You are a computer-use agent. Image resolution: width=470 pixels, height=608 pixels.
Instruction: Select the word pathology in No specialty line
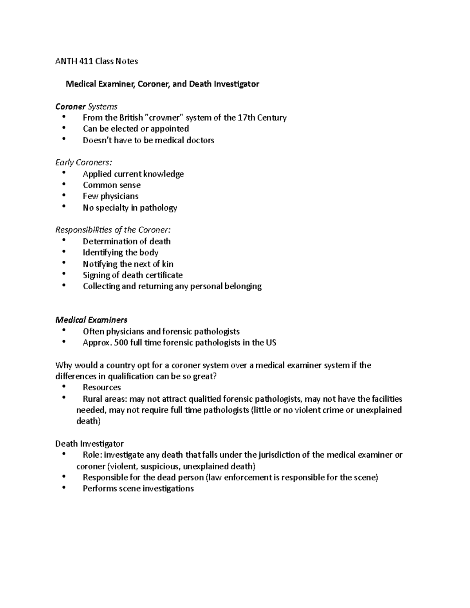[x=158, y=207]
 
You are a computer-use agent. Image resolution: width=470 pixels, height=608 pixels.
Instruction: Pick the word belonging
[x=243, y=286]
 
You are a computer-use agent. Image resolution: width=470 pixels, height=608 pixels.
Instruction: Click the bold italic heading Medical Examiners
[x=91, y=320]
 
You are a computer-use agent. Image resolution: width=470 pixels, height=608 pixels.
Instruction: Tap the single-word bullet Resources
[x=101, y=387]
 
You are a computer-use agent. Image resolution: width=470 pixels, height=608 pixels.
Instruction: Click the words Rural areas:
[x=105, y=399]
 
